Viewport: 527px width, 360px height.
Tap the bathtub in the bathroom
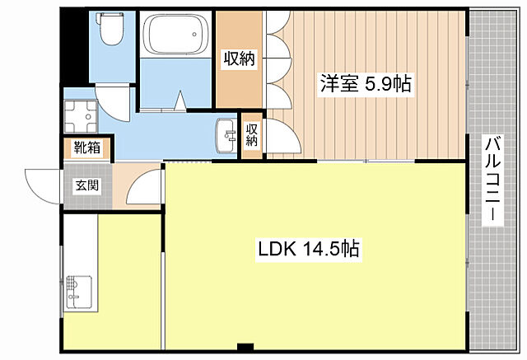click(177, 37)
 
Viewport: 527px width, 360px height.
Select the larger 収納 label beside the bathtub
click(238, 58)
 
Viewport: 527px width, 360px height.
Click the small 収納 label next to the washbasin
click(252, 133)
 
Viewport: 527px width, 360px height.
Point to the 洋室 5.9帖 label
click(366, 82)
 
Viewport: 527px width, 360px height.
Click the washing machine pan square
click(80, 119)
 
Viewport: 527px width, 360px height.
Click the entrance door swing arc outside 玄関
click(41, 181)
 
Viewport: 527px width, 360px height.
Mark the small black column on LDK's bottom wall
click(244, 346)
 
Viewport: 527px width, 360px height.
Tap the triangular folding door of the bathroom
click(177, 103)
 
